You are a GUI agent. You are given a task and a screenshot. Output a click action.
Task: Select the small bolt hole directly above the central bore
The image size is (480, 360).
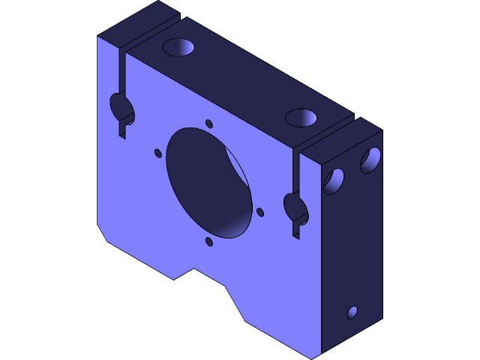209,123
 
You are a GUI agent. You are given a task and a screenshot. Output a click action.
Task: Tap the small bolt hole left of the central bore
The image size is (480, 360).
158,153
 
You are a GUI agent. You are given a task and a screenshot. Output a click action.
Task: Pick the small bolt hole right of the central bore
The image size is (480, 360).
260,212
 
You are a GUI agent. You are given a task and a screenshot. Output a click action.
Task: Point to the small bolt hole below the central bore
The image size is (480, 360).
208,241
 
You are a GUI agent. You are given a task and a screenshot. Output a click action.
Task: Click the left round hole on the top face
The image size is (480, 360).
179,47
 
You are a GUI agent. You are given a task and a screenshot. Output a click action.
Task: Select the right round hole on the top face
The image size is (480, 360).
301,118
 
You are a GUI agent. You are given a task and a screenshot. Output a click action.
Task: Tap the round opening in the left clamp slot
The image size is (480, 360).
122,106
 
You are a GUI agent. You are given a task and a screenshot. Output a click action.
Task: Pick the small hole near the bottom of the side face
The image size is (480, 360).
352,312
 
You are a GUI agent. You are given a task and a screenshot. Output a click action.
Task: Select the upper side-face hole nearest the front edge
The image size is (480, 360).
333,181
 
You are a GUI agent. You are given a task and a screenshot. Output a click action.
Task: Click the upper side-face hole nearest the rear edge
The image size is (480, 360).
370,159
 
